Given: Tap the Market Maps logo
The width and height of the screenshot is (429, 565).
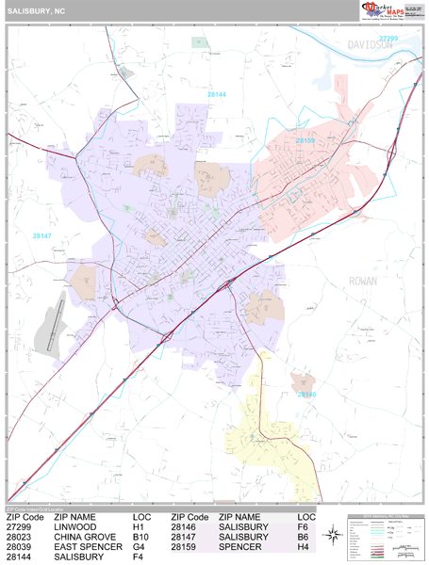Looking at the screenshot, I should point(387,10).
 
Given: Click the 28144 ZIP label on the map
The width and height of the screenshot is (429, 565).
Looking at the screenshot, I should point(217,94).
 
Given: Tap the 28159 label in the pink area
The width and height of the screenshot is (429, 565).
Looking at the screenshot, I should point(305,140).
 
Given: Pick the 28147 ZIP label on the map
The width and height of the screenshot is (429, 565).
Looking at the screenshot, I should point(42,235).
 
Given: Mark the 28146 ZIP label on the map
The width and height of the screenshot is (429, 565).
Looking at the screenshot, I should point(307,395).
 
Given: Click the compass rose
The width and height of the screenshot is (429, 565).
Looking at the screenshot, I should point(333,535).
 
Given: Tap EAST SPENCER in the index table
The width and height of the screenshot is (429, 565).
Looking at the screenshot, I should point(88,547).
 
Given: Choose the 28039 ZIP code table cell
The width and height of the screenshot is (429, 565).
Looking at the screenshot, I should point(19,547).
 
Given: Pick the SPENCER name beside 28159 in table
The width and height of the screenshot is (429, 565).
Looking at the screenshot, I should point(240,547).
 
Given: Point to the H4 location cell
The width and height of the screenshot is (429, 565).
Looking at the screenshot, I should point(304,547).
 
